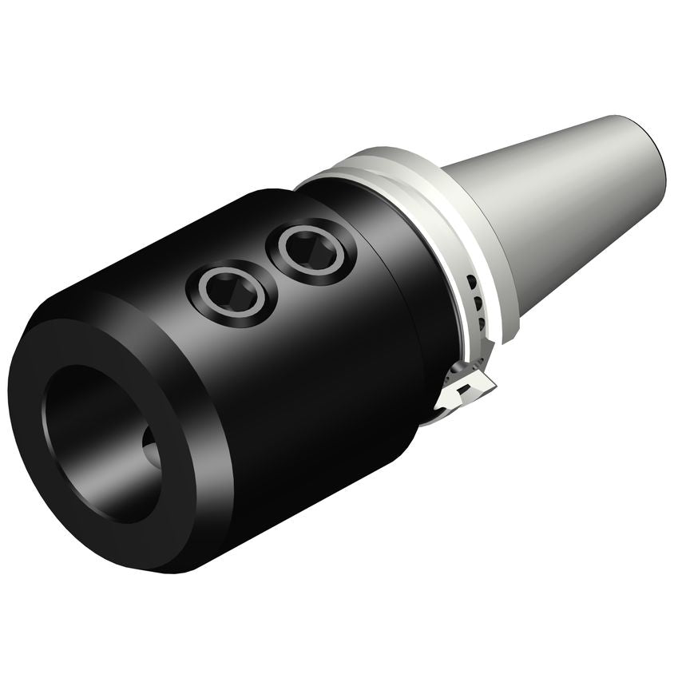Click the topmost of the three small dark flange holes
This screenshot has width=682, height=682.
pos(473,282)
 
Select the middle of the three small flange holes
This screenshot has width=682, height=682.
pos(478,303)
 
